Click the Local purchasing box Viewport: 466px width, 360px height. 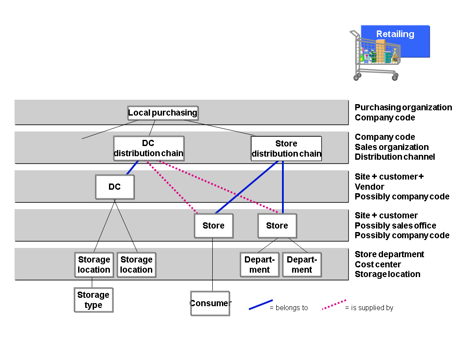click(162, 113)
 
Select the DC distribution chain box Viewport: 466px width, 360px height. click(149, 149)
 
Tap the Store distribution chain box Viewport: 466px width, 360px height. click(286, 149)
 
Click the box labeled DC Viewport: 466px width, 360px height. click(115, 187)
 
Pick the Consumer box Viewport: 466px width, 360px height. click(210, 303)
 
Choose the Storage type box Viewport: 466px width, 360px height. click(93, 300)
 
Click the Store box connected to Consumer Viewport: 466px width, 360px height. click(214, 225)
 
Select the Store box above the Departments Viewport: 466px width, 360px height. click(277, 225)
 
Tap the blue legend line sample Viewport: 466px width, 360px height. click(260, 305)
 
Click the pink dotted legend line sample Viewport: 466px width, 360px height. click(334, 305)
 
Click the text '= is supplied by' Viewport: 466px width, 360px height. click(369, 308)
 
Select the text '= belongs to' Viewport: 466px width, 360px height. click(289, 308)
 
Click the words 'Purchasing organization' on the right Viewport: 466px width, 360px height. click(403, 107)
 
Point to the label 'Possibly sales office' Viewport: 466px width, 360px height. click(395, 225)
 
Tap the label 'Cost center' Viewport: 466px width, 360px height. click(378, 264)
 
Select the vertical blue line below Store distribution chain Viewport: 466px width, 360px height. click(283, 187)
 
